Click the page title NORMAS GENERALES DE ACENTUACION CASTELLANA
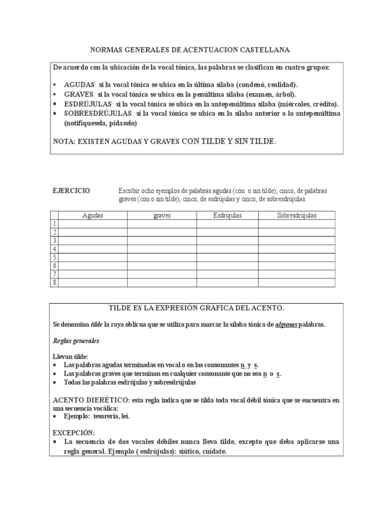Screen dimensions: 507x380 pyautogui.click(x=190, y=50)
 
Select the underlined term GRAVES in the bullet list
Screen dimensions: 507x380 pyautogui.click(x=79, y=94)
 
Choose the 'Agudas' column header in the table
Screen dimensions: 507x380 pyautogui.click(x=93, y=215)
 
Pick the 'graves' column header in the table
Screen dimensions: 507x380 pyautogui.click(x=162, y=215)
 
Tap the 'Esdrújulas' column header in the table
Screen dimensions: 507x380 pyautogui.click(x=227, y=215)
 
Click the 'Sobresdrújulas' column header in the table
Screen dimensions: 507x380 pyautogui.click(x=296, y=215)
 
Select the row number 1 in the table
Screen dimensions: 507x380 pyautogui.click(x=55, y=224)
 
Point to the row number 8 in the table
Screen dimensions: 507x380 pyautogui.click(x=55, y=283)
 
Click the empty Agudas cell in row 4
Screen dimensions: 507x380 pyautogui.click(x=93, y=249)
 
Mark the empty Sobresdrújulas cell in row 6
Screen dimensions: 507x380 pyautogui.click(x=296, y=266)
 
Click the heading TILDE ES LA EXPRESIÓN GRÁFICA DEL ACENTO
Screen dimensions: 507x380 pyautogui.click(x=196, y=308)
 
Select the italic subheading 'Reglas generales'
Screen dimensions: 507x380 pyautogui.click(x=76, y=341)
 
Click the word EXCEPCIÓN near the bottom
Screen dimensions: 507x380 pyautogui.click(x=73, y=432)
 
